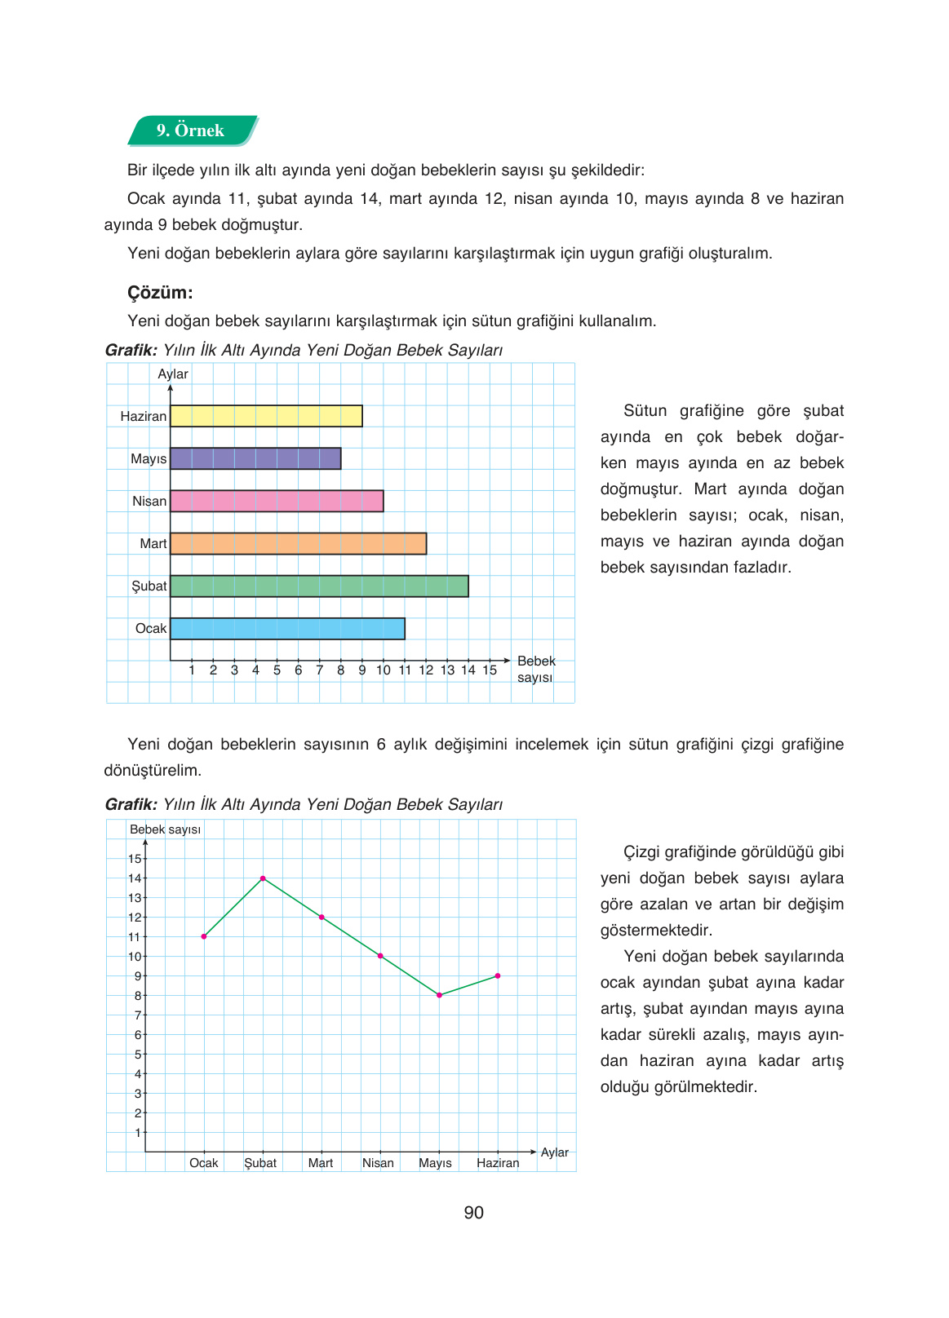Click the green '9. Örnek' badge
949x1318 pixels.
point(192,130)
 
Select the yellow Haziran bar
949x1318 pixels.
point(266,416)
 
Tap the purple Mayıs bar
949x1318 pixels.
point(255,458)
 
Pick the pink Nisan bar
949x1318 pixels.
point(277,501)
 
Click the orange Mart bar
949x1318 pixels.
point(298,543)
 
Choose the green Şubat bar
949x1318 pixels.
point(319,586)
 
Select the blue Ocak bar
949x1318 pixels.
point(287,628)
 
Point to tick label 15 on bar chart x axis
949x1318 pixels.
point(490,670)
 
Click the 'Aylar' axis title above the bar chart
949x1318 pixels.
point(173,374)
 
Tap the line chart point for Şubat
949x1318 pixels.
point(263,878)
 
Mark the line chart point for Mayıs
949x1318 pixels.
point(439,995)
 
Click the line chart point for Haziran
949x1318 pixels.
point(498,975)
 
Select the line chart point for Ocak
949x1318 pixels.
point(204,936)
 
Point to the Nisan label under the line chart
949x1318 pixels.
point(378,1163)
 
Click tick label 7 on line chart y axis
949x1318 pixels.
point(138,1015)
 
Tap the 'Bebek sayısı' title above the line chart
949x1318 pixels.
point(165,829)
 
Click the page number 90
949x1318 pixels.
point(474,1213)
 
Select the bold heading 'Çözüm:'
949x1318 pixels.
point(160,293)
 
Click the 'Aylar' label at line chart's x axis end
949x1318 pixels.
point(555,1152)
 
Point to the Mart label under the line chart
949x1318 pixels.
point(321,1163)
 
